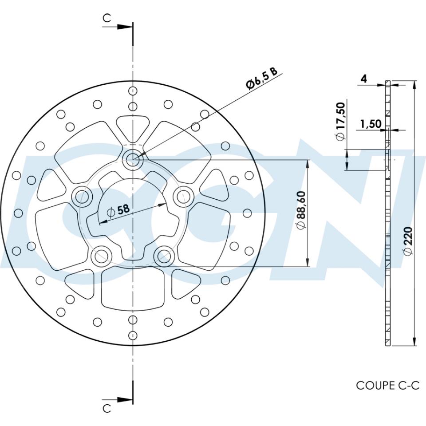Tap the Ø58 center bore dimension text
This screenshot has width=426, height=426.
pyautogui.click(x=118, y=211)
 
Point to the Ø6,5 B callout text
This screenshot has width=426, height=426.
pyautogui.click(x=262, y=79)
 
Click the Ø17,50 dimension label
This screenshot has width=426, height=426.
pyautogui.click(x=340, y=121)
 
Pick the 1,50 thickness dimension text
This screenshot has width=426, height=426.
pyautogui.click(x=371, y=124)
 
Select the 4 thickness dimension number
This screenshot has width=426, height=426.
pyautogui.click(x=364, y=79)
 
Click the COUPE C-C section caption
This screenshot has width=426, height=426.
pyautogui.click(x=387, y=385)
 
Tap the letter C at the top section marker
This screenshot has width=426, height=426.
pyautogui.click(x=106, y=18)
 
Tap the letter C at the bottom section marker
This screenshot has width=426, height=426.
pyautogui.click(x=106, y=408)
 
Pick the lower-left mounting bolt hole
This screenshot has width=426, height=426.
pyautogui.click(x=102, y=255)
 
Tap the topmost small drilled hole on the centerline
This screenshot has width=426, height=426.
pyautogui.click(x=132, y=91)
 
